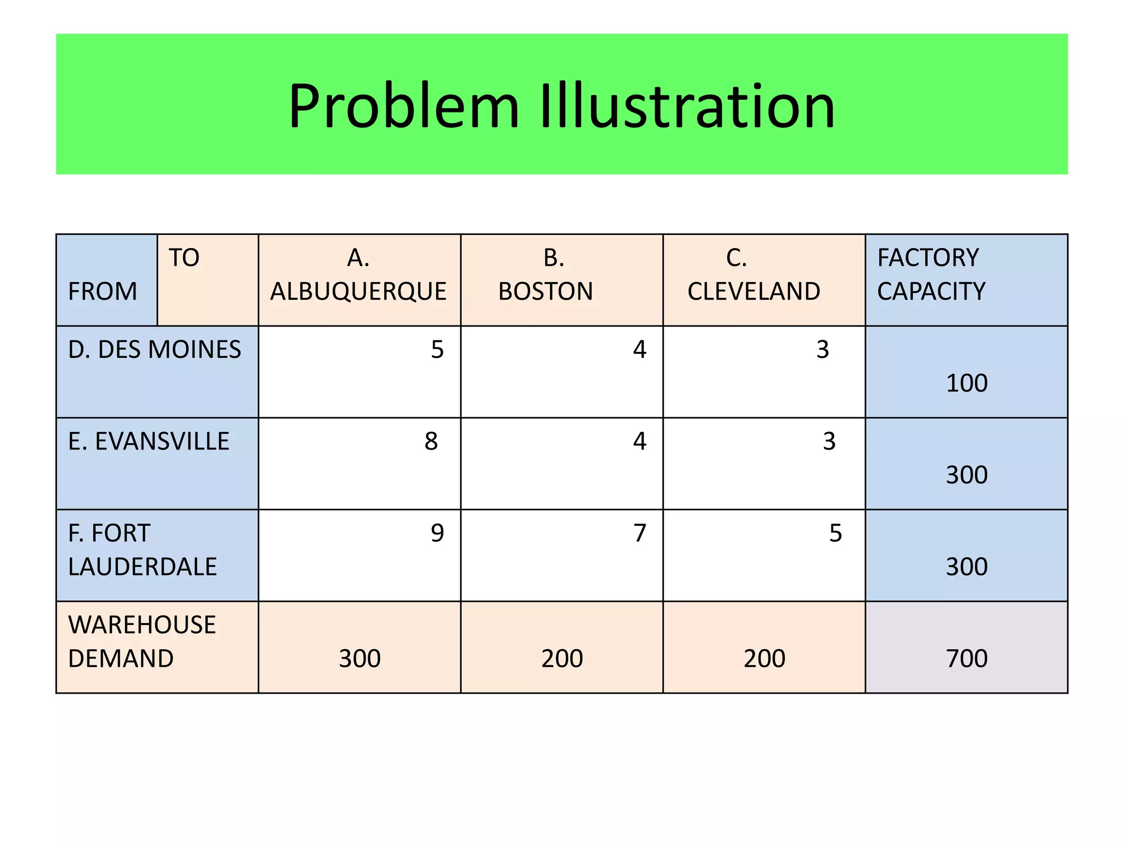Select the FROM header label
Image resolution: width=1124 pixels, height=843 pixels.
click(103, 291)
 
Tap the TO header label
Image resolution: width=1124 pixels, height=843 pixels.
click(184, 257)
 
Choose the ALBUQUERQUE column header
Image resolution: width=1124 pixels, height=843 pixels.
click(358, 275)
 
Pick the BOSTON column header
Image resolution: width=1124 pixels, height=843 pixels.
click(546, 275)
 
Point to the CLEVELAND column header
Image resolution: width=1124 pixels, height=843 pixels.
click(754, 275)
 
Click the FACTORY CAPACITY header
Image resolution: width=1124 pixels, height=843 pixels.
click(931, 274)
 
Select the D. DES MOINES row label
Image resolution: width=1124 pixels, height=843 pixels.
click(154, 350)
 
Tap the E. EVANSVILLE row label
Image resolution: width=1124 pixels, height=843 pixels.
click(149, 441)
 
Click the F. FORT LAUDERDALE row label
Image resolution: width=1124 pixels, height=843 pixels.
click(142, 549)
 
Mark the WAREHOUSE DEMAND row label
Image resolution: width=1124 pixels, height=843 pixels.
click(142, 641)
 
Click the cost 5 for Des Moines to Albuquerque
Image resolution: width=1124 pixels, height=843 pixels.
click(437, 350)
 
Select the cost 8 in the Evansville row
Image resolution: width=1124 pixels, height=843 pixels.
click(431, 441)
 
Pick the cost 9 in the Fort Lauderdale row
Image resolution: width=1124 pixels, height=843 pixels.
click(437, 533)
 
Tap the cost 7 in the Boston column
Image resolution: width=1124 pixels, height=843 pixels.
click(640, 533)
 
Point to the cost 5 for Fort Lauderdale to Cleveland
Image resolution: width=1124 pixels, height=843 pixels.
click(835, 533)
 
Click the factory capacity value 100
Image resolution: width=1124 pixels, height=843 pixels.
click(966, 383)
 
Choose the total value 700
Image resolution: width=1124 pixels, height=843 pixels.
click(966, 658)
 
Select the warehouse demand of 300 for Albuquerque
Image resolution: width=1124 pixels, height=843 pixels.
click(359, 658)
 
